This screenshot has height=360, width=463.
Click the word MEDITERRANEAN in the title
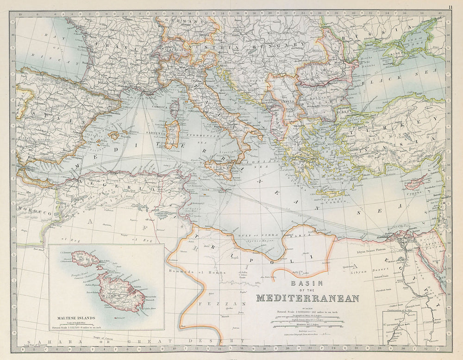(307, 298)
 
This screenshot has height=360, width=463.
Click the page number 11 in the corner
(450, 7)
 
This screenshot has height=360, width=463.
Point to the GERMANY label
(182, 21)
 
